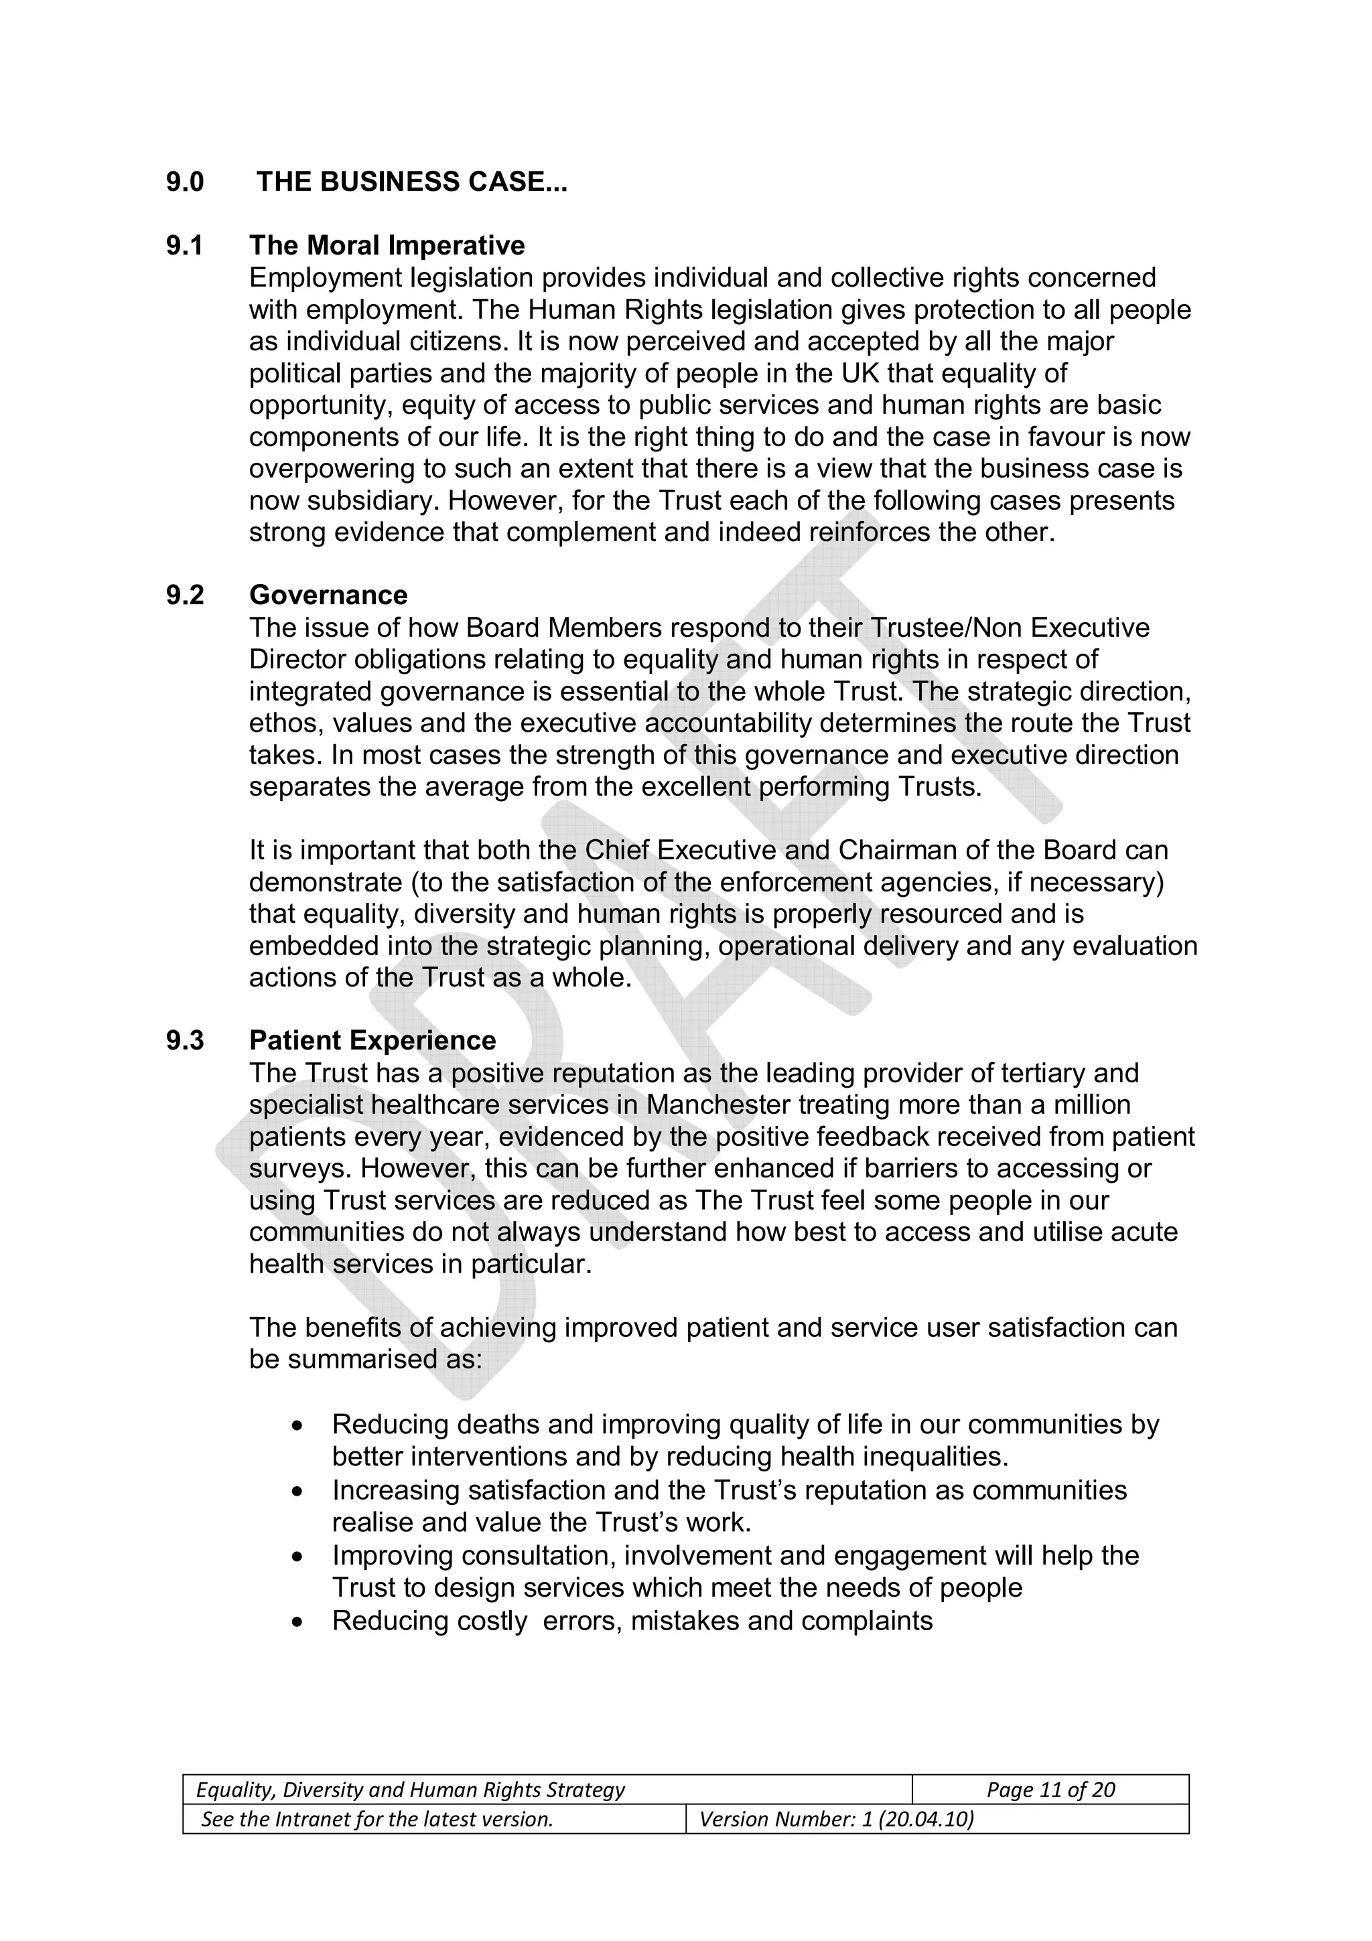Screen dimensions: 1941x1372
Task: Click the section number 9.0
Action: (x=185, y=182)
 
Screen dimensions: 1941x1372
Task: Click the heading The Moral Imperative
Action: (x=387, y=245)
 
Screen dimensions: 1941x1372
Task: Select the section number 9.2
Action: (x=185, y=595)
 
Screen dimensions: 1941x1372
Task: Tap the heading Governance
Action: (x=328, y=595)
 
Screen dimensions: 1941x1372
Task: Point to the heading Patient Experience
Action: (x=372, y=1039)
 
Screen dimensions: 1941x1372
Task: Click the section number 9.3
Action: (x=185, y=1039)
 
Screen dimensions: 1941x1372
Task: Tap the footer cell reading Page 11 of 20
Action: (x=1050, y=1790)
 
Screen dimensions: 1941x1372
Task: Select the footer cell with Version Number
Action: (x=937, y=1818)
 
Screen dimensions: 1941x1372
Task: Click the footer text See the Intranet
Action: (x=377, y=1818)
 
